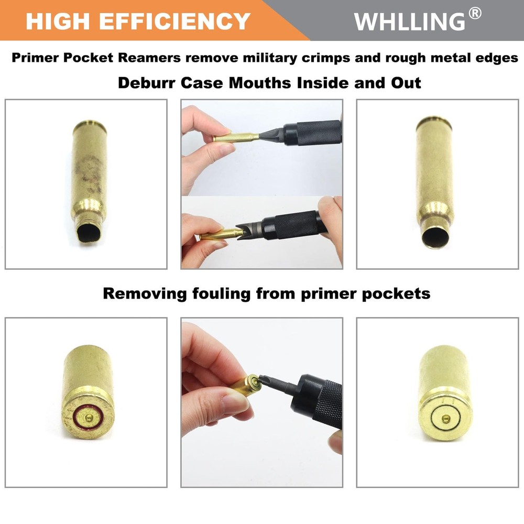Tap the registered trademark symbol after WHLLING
pyautogui.click(x=475, y=14)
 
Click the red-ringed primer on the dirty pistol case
pyautogui.click(x=89, y=417)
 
